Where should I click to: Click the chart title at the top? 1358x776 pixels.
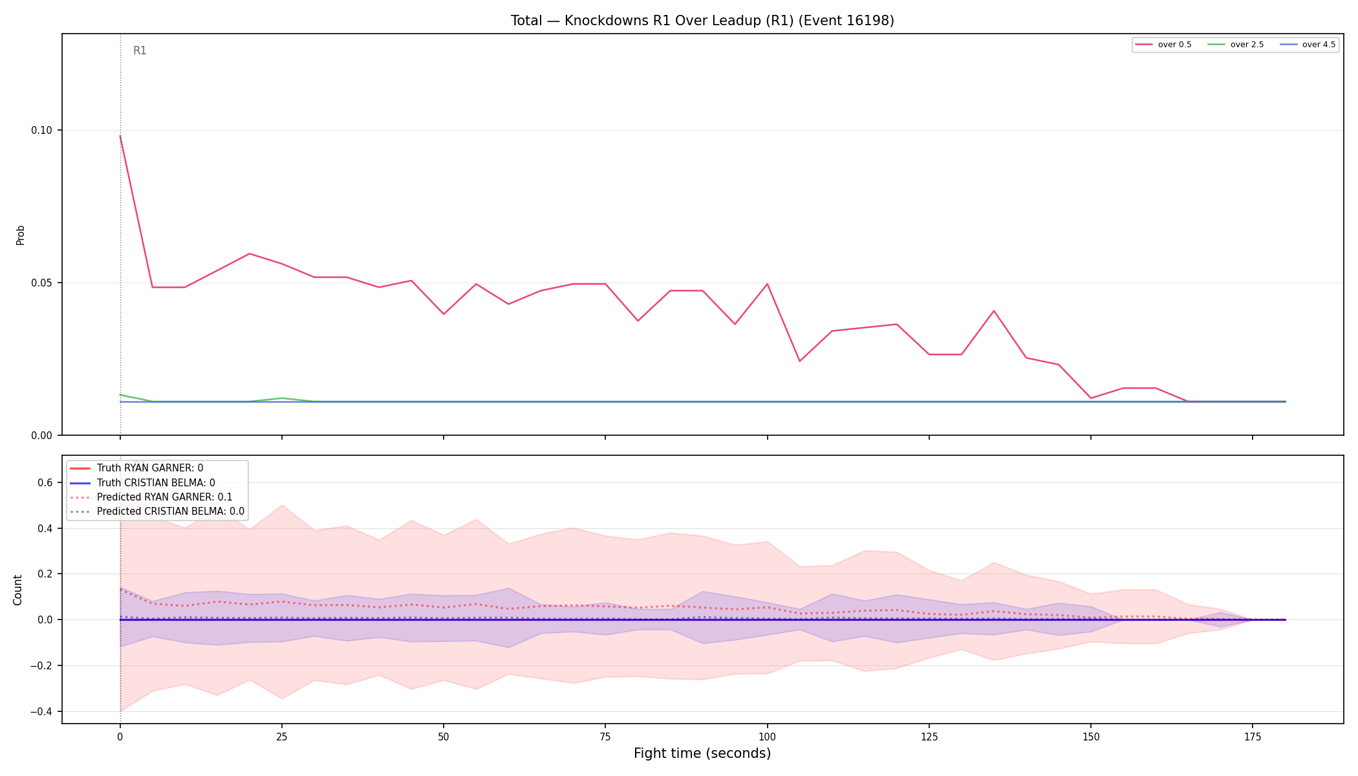702,21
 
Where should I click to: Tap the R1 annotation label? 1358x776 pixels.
140,50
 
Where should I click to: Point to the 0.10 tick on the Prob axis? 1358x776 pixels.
42,130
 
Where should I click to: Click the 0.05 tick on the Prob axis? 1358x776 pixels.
42,283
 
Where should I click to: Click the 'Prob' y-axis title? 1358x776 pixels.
20,235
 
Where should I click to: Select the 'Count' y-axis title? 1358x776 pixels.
17,590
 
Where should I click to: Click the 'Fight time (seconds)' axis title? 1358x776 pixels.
702,753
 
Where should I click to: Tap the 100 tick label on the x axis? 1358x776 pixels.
767,737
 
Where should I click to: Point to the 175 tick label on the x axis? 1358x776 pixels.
1253,737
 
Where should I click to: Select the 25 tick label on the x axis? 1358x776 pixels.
281,737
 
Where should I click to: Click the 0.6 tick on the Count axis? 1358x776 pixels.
45,482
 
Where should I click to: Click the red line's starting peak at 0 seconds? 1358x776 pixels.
120,136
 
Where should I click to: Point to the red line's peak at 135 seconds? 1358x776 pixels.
994,311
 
